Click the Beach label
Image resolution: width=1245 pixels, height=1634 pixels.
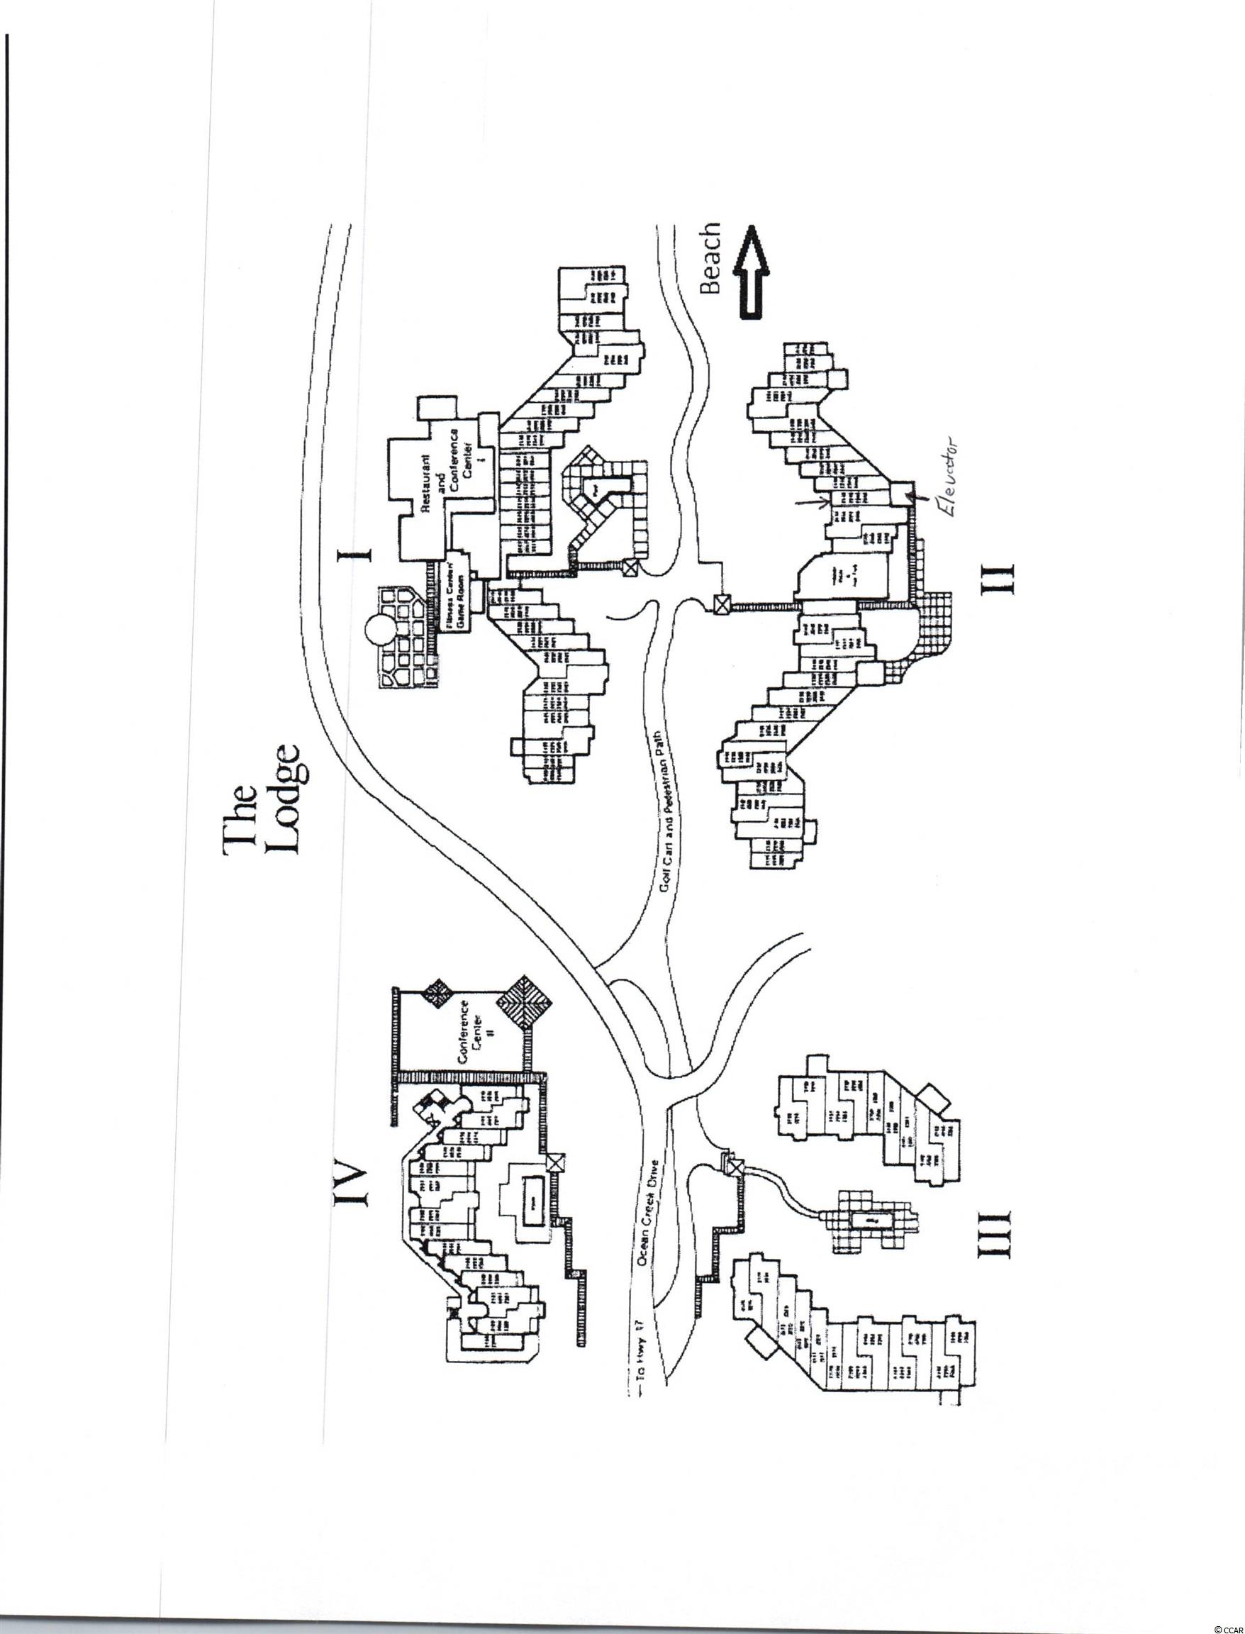point(710,260)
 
